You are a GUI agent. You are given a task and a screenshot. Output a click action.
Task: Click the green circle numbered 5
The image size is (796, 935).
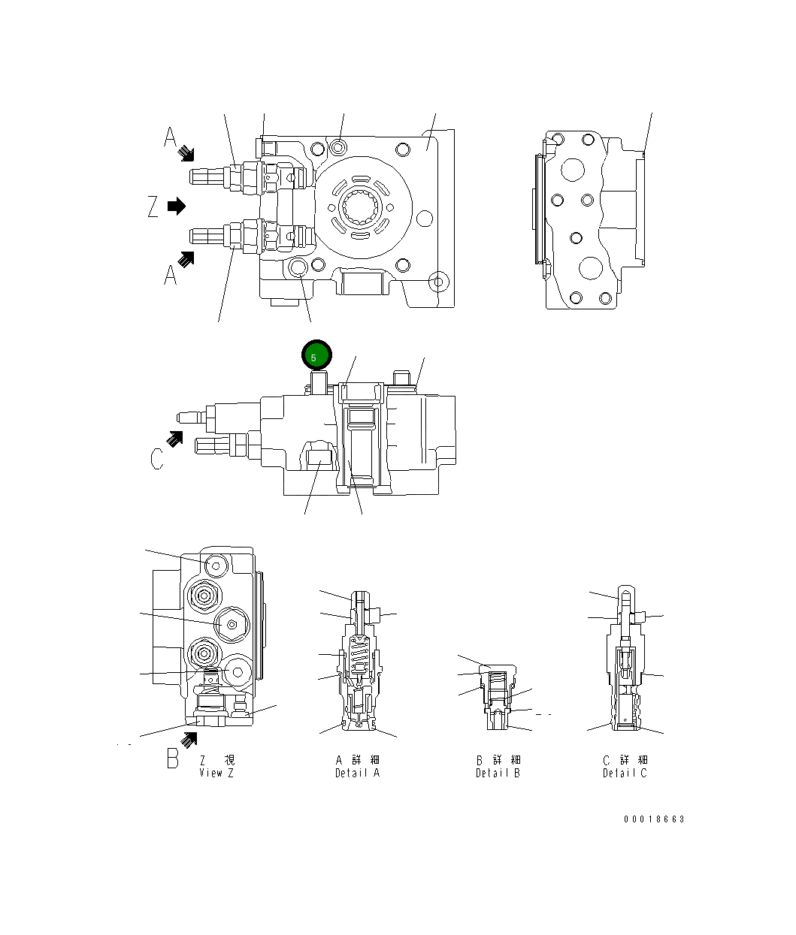316,356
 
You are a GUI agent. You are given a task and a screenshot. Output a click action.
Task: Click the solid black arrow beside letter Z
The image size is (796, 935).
176,206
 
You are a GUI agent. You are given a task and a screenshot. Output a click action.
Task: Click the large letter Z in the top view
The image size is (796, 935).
153,207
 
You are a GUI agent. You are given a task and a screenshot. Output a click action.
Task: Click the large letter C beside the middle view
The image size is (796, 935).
156,458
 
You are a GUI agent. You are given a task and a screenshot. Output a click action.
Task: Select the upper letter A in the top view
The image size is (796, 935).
171,138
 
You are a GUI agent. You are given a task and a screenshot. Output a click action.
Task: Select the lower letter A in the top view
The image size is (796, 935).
171,276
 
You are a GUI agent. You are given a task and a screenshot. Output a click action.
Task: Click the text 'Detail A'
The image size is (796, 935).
357,773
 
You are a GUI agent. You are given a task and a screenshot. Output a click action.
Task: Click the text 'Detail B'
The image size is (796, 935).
498,773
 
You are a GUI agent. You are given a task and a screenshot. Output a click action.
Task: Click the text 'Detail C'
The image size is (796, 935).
624,773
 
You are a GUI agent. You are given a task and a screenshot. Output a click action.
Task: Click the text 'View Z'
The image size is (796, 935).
216,773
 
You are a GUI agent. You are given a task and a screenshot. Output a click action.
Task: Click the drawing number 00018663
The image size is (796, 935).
654,819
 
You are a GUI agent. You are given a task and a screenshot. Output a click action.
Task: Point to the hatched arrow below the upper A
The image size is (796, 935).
186,154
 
